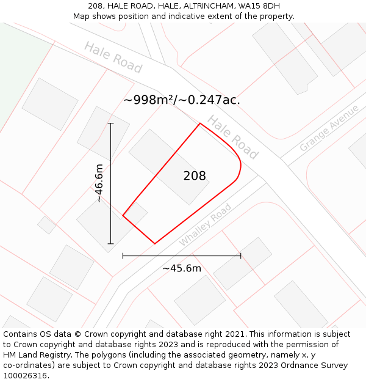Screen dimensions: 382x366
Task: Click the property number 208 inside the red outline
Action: (x=195, y=176)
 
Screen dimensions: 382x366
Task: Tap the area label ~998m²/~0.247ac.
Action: (x=182, y=100)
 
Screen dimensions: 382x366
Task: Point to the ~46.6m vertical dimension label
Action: (x=99, y=183)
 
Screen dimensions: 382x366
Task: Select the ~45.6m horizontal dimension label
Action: (x=181, y=268)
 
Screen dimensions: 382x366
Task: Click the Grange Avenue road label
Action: (x=329, y=129)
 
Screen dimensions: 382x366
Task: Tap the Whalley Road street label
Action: (x=205, y=225)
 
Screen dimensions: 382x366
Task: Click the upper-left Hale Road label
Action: (x=113, y=57)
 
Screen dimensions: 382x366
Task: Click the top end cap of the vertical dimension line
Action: (x=110, y=123)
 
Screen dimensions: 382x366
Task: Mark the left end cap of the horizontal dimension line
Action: (x=123, y=255)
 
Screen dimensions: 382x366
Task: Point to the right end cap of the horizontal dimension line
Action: (x=241, y=255)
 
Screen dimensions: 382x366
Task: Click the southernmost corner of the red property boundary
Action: (x=154, y=244)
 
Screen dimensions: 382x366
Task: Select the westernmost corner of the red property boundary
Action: (x=123, y=215)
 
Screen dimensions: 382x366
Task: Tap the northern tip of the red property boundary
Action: (x=200, y=123)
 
